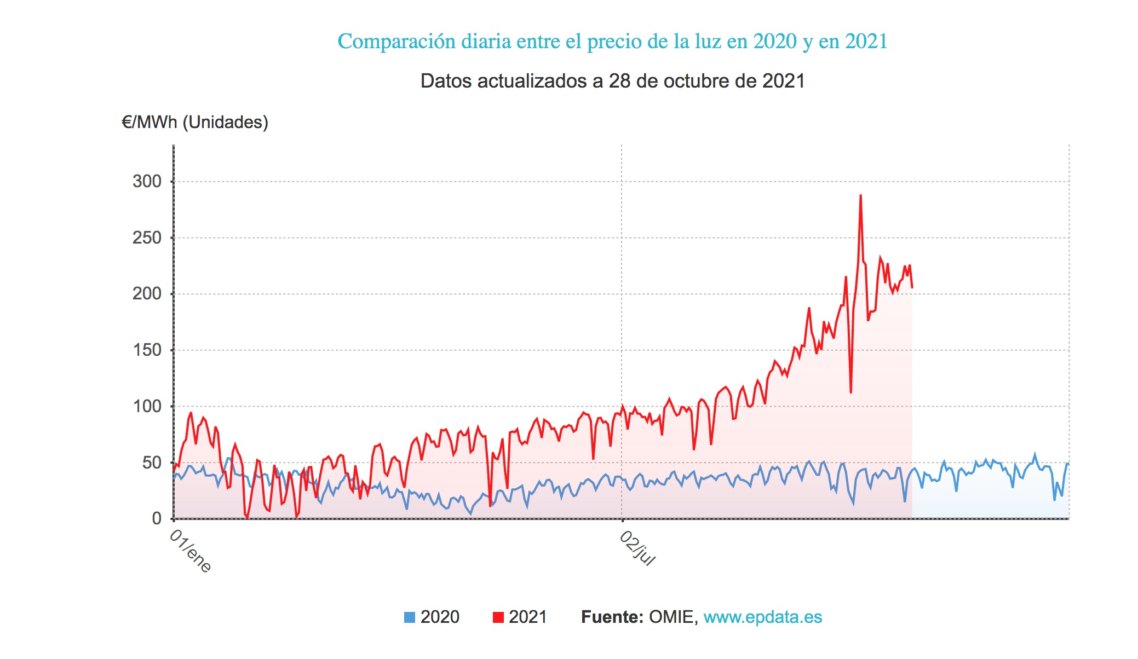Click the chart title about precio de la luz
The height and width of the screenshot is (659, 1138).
point(612,41)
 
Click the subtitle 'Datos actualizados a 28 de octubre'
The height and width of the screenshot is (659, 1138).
point(612,81)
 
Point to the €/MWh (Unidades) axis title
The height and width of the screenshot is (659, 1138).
point(195,122)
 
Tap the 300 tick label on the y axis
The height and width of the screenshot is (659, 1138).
point(147,181)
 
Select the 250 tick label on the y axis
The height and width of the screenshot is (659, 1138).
point(147,238)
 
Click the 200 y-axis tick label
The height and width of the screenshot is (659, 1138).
point(147,294)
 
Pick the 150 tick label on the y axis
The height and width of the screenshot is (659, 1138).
point(147,350)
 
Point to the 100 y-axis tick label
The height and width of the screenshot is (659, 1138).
point(147,406)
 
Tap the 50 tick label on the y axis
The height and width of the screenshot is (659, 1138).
point(152,463)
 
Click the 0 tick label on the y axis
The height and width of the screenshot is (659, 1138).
point(157,518)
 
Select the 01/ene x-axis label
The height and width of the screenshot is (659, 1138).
point(190,551)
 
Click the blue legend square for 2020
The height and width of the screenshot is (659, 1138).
point(410,617)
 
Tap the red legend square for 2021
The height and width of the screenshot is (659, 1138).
point(498,617)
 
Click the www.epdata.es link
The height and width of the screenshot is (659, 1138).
point(762,617)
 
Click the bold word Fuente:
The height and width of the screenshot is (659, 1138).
point(612,617)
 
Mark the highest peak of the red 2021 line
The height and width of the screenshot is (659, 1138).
point(860,195)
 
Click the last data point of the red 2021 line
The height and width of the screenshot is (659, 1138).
point(912,287)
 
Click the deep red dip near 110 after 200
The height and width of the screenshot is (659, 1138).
point(850,392)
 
